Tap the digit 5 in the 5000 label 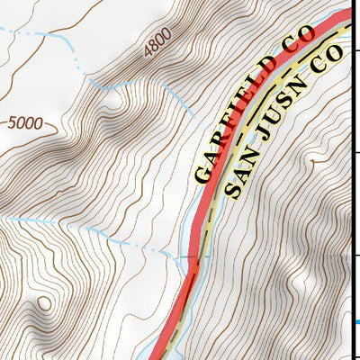pyautogui.click(x=12, y=123)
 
